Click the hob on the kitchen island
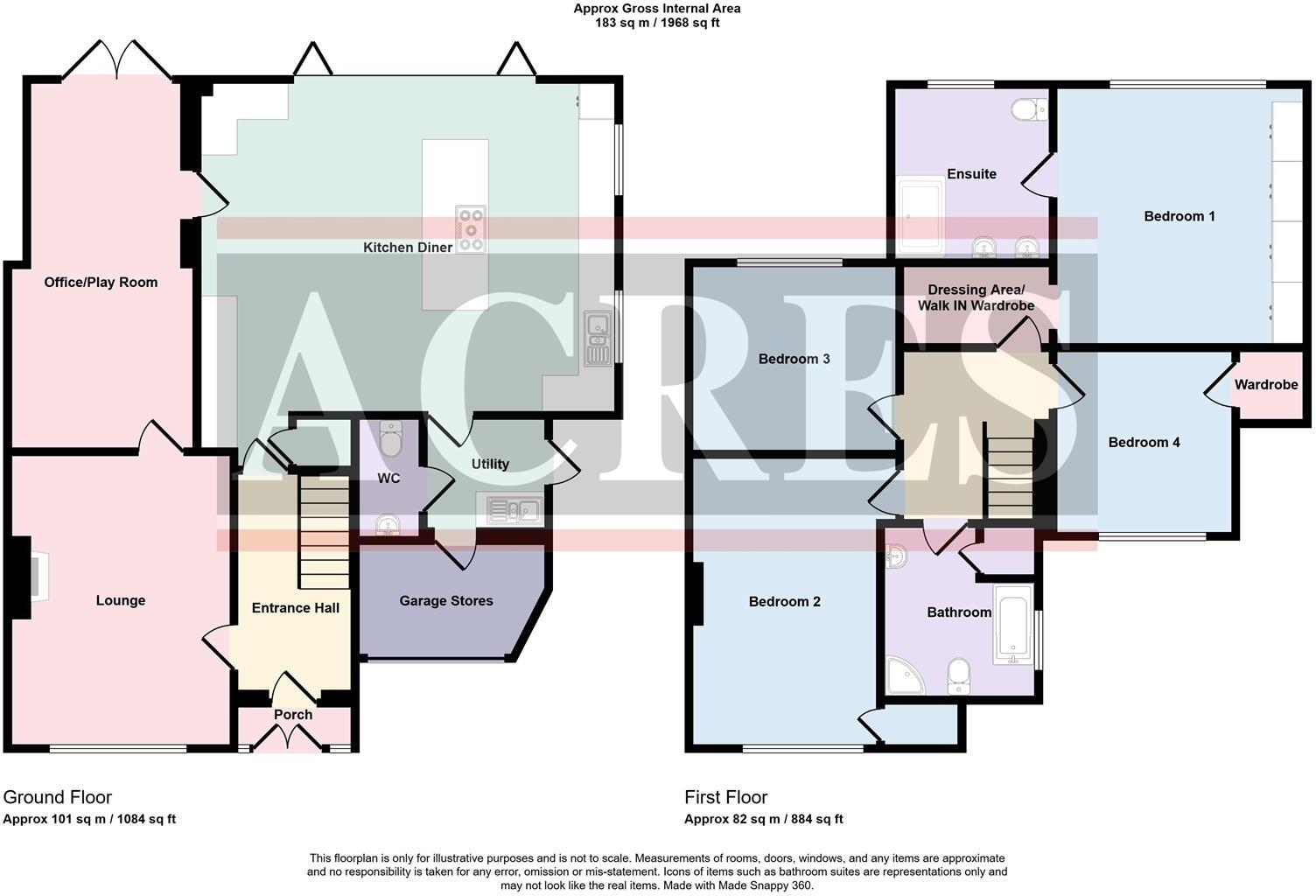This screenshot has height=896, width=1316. coord(471,229)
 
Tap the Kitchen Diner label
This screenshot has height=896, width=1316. coord(408,248)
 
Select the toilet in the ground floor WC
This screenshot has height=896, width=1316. coord(391,439)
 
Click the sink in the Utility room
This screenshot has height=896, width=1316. coord(510,510)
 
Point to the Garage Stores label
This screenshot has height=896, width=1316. coord(446,601)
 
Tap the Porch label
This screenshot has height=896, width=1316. coord(293,715)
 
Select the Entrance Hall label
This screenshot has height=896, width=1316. coord(296,608)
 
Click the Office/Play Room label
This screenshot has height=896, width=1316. coord(101,283)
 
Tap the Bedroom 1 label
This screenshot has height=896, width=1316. coord(1179,216)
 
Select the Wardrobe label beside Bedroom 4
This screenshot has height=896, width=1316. coord(1266,385)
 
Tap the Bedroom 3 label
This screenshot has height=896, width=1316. coord(794,359)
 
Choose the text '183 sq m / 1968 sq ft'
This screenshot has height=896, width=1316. coord(657,24)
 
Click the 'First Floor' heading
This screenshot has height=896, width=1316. coord(725,797)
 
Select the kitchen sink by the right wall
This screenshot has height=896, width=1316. coord(599,339)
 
